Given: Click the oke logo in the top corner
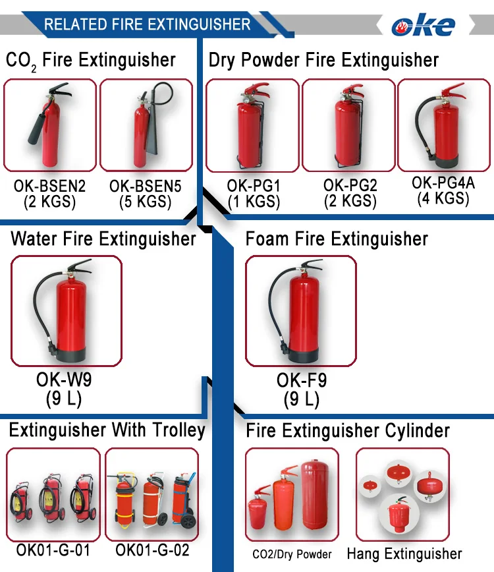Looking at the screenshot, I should [x=424, y=25].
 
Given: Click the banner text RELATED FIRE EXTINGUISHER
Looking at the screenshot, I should [x=147, y=25].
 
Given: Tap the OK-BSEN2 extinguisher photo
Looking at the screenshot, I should [x=50, y=126].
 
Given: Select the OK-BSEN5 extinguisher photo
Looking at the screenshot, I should [x=146, y=126].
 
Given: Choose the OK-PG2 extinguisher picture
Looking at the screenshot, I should [x=349, y=126].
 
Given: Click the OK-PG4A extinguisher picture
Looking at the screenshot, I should [x=445, y=125].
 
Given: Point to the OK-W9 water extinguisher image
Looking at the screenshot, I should [x=67, y=311].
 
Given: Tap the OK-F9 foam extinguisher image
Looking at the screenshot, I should [x=301, y=311].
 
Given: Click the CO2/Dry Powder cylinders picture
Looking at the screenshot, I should [x=292, y=494].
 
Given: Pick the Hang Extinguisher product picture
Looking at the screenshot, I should [x=402, y=494].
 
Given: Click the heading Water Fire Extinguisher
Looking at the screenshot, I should [x=103, y=239].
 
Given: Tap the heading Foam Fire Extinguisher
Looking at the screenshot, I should [x=337, y=239].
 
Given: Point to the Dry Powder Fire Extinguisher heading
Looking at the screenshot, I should [x=323, y=61].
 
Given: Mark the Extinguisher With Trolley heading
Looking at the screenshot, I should [x=107, y=431].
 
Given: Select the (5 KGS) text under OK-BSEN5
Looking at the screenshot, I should [x=146, y=202].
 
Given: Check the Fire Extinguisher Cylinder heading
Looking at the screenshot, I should [x=348, y=432].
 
